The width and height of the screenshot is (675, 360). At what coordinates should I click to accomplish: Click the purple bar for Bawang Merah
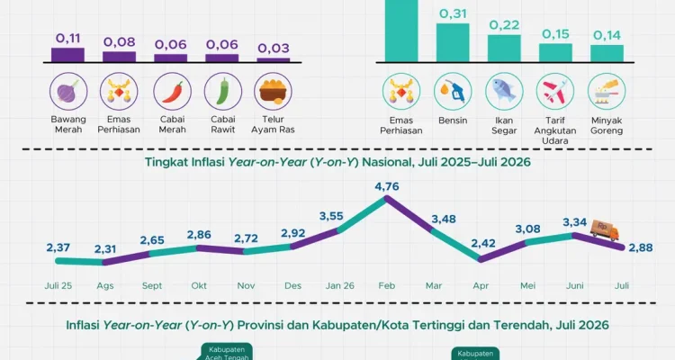tap(67, 55)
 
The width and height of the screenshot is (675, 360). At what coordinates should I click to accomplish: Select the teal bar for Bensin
tap(453, 42)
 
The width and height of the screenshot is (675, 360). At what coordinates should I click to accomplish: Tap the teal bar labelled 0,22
tap(504, 49)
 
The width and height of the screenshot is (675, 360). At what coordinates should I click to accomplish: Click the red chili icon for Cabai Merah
tap(172, 91)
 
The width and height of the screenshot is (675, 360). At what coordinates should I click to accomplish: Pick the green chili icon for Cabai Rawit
tap(223, 91)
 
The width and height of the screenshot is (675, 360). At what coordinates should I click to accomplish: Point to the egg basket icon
tap(273, 91)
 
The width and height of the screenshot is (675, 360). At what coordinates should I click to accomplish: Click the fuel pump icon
tap(453, 92)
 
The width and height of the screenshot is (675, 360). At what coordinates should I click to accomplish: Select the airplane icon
tap(555, 92)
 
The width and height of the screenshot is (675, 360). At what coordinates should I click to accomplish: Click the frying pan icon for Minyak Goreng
tap(607, 92)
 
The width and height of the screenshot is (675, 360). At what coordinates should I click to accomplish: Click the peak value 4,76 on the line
tap(387, 186)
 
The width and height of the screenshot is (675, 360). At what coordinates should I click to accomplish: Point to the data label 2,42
tap(483, 243)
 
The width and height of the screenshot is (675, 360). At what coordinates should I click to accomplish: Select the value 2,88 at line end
tap(641, 247)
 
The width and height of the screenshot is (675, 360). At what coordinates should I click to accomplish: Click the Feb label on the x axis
tap(387, 285)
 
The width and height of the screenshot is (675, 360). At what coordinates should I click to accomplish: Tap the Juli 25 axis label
tap(58, 285)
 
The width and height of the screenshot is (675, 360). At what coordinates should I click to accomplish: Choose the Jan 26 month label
tap(339, 285)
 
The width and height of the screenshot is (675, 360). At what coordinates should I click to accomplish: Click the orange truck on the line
tap(605, 229)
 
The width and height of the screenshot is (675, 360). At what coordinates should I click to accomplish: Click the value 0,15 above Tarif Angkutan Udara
tap(555, 34)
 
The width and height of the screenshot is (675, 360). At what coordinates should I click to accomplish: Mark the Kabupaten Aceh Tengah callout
tap(227, 352)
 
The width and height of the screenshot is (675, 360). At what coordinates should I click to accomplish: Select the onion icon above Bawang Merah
tap(68, 91)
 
